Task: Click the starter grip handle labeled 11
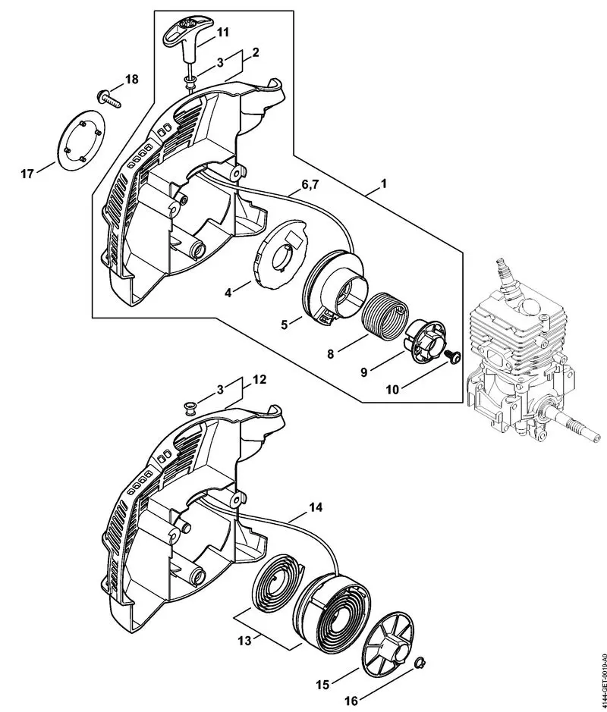[184, 32]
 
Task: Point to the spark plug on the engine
[502, 274]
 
